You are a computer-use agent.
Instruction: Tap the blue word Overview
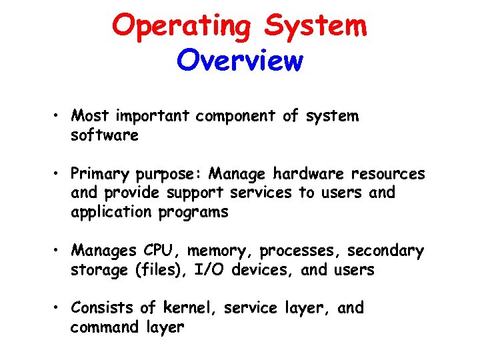coord(240,61)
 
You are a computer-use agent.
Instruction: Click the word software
coord(105,135)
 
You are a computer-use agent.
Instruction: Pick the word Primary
coord(101,175)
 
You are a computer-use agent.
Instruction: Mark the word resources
coord(388,174)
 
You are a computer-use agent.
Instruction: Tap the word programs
coord(195,213)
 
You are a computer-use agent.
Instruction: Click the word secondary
coord(385,251)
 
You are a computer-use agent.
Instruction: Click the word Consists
coord(104,308)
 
